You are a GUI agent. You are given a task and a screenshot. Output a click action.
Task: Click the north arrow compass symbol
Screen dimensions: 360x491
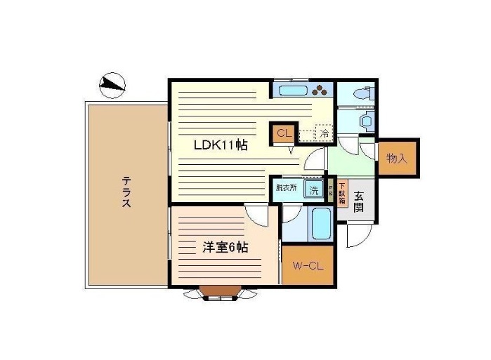tap(112, 86)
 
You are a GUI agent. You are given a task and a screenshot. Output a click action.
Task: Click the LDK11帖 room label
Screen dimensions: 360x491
tap(221, 145)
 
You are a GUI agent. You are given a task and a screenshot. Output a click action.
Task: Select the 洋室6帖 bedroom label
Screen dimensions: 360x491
tap(225, 247)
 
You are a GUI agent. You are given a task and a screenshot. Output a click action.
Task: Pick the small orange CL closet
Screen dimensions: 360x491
tap(283, 133)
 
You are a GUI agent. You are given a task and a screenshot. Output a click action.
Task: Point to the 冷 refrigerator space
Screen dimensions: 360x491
tap(324, 131)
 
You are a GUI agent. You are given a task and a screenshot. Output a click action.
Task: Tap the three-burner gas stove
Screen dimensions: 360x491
tap(321, 91)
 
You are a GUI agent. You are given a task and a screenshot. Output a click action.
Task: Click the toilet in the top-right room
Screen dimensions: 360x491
tap(359, 93)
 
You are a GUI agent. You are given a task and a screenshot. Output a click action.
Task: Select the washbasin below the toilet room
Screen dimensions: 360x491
tap(367, 121)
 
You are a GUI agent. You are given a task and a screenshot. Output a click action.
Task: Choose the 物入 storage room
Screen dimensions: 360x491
tap(398, 158)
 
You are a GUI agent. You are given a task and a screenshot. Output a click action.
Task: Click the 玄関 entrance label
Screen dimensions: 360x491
tap(358, 203)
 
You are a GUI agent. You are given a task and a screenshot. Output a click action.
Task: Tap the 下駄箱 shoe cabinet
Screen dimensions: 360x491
tap(342, 193)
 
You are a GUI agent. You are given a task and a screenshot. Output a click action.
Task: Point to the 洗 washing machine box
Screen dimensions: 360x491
tap(314, 190)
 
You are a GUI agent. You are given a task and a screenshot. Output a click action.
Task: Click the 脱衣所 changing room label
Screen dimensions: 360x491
tap(286, 188)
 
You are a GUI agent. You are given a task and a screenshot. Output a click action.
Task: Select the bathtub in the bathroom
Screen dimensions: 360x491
tap(321, 225)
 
